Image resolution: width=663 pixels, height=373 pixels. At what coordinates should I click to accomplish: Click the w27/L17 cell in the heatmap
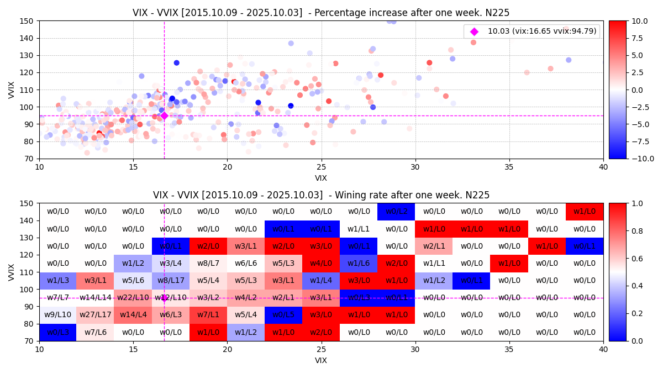[x=95, y=315]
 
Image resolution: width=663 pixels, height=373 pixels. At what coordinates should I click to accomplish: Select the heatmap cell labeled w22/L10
[x=133, y=298]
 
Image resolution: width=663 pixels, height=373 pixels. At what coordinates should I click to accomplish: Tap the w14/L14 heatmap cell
[x=95, y=298]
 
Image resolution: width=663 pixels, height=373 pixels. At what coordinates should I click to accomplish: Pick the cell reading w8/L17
[x=170, y=281]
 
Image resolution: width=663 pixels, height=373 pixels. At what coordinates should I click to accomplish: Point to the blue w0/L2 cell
[x=396, y=212]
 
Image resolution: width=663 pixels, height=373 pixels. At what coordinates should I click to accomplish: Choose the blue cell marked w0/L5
[x=283, y=315]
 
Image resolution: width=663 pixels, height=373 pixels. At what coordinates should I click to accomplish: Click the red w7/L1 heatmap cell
[x=208, y=315]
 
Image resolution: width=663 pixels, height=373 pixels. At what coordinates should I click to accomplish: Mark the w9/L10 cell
[x=57, y=315]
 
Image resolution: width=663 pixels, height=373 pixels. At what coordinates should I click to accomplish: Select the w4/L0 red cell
[x=321, y=264]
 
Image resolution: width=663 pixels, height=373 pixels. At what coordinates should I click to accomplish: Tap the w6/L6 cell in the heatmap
[x=245, y=264]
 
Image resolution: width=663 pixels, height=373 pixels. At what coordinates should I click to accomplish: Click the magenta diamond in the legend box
[x=474, y=31]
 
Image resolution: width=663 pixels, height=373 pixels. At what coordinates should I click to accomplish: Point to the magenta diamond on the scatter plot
[x=164, y=115]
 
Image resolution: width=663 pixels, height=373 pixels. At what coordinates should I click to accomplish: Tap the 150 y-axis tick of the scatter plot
[x=29, y=21]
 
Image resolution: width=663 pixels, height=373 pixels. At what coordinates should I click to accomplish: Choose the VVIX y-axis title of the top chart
[x=12, y=90]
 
